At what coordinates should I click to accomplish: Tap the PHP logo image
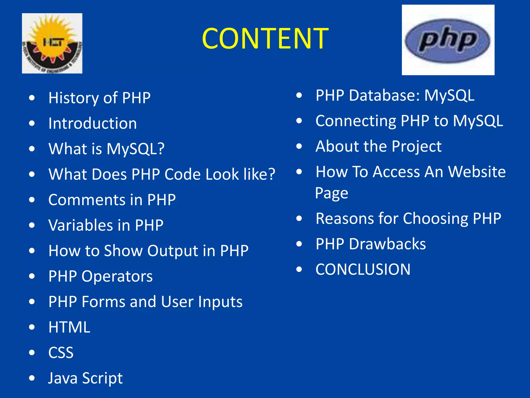pyautogui.click(x=448, y=40)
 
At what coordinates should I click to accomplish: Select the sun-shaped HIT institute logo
pyautogui.click(x=52, y=43)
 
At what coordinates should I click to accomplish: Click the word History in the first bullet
pyautogui.click(x=73, y=98)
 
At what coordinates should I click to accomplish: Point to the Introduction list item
pyautogui.click(x=93, y=123)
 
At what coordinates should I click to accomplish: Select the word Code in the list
pyautogui.click(x=183, y=174)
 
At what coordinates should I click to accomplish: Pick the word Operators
pyautogui.click(x=117, y=276)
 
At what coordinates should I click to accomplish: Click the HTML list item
pyautogui.click(x=69, y=327)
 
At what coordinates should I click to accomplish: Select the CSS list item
pyautogui.click(x=61, y=353)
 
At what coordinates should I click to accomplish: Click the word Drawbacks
pyautogui.click(x=387, y=244)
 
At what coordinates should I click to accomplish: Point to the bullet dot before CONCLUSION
pyautogui.click(x=299, y=269)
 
